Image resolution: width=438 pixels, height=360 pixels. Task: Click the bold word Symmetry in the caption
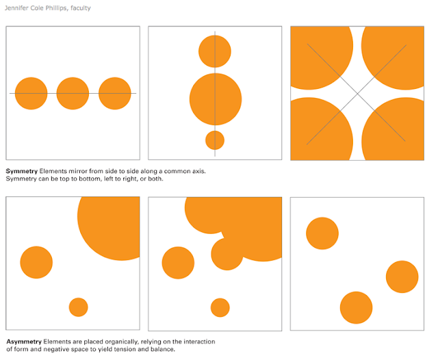coord(22,171)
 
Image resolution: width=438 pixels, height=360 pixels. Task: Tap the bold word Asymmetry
coord(24,342)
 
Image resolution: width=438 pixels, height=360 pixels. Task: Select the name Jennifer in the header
coord(16,8)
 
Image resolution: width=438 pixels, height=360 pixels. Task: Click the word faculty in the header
coord(81,8)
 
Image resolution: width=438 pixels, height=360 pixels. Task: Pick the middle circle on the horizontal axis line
coord(73,93)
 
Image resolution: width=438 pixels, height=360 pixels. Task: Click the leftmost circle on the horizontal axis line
coord(31,93)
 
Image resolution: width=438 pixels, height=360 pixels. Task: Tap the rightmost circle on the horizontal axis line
coord(115,93)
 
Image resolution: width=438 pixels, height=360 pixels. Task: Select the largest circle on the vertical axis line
coord(216,99)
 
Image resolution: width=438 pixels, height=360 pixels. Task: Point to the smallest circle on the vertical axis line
coord(215,140)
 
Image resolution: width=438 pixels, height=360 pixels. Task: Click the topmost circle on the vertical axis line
coord(215,51)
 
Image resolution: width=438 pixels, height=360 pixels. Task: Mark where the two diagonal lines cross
coord(357,94)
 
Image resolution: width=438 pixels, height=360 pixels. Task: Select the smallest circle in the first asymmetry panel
coord(79,307)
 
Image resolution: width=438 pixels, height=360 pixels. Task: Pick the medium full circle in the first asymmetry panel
coord(36,262)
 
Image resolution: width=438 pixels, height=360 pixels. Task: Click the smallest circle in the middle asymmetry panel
coord(220,307)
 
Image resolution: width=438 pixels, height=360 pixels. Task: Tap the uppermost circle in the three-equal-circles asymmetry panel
coord(322,233)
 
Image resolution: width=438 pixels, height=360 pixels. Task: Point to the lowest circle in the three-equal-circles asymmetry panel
coord(356,307)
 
